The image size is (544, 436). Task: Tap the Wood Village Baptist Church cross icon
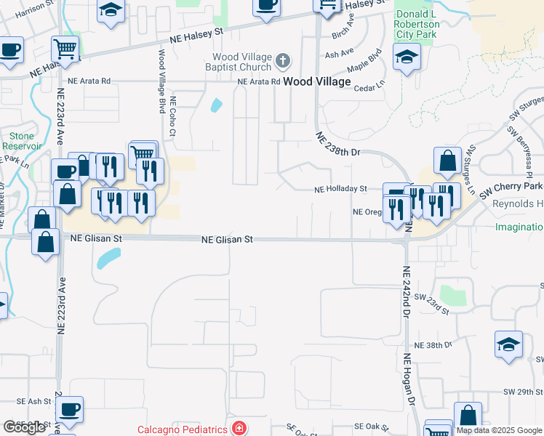[x=284, y=60]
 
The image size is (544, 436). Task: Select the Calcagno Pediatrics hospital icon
[x=237, y=429]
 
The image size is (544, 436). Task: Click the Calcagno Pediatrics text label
[x=183, y=429]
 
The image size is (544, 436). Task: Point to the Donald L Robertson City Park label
[x=416, y=24]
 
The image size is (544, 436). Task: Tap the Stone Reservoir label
[x=22, y=141]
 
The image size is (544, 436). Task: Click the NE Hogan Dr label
[x=408, y=380]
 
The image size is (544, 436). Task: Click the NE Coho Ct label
[x=172, y=117]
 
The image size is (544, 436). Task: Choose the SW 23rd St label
[x=432, y=302]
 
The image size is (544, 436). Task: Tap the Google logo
[x=25, y=427]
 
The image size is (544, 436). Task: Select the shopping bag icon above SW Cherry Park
[x=447, y=161]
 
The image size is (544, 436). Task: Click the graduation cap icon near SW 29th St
[x=508, y=344]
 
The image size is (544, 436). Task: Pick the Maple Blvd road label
[x=365, y=62]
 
